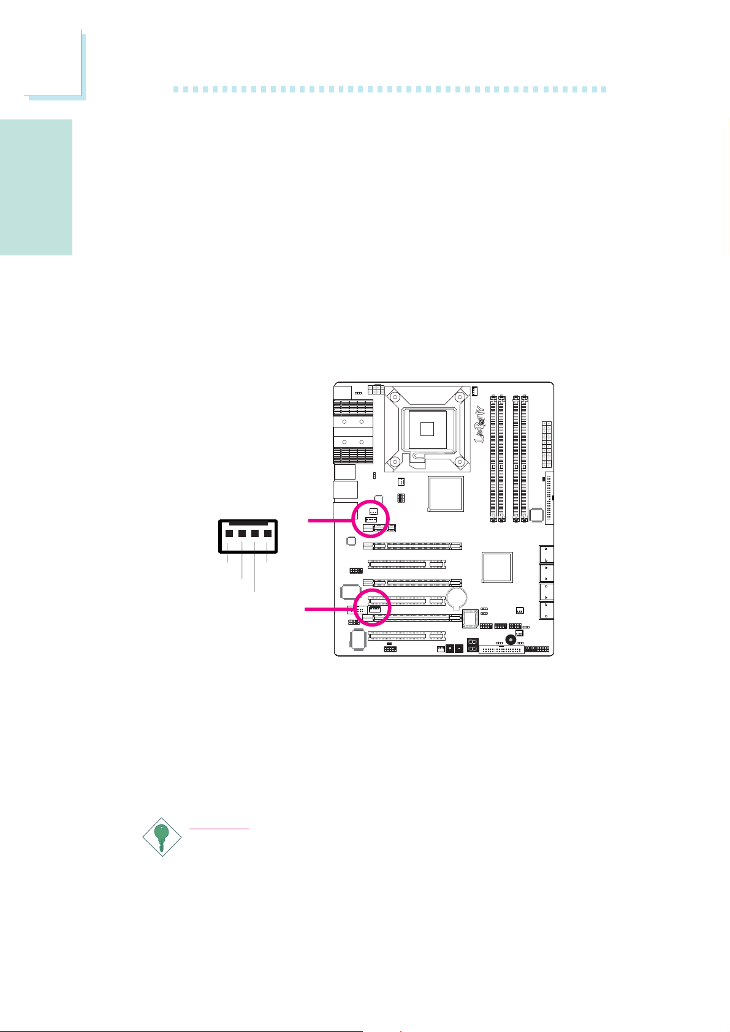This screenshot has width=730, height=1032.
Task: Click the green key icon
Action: pos(162,837)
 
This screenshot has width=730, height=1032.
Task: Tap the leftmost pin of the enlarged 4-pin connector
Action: pos(229,533)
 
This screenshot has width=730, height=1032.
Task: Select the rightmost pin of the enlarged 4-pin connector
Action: pos(268,533)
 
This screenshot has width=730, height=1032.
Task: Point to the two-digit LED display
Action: pos(473,646)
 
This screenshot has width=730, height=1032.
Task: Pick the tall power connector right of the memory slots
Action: pos(547,443)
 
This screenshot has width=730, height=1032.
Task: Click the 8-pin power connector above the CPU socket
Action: pos(376,390)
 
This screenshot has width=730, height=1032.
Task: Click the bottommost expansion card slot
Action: pos(406,636)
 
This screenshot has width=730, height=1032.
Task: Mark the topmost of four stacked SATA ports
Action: pos(546,554)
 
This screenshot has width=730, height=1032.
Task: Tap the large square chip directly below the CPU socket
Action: pos(446,494)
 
